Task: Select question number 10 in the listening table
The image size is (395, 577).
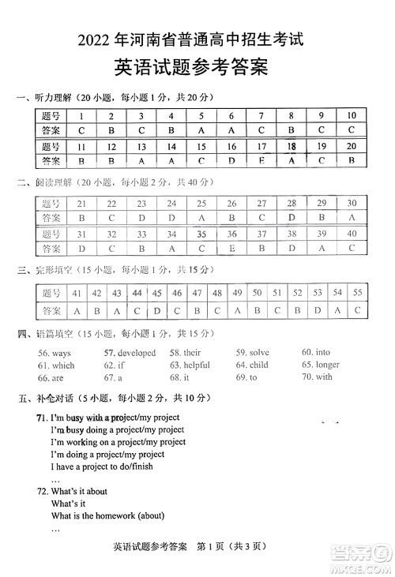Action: (x=351, y=115)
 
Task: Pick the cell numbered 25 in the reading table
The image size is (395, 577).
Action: (x=201, y=203)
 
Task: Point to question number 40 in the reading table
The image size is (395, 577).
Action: (x=351, y=234)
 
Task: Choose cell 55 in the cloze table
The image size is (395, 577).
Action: (x=358, y=292)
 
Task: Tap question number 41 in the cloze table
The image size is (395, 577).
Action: (x=77, y=292)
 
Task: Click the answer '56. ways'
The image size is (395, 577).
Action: (x=55, y=353)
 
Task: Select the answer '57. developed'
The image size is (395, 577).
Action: (x=130, y=353)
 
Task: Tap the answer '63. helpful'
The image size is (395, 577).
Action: (x=190, y=365)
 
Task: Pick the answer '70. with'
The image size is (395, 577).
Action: (x=317, y=377)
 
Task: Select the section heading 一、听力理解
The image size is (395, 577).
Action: (x=43, y=97)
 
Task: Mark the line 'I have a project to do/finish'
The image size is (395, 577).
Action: (x=103, y=466)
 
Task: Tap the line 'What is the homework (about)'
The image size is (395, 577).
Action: (x=107, y=516)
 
